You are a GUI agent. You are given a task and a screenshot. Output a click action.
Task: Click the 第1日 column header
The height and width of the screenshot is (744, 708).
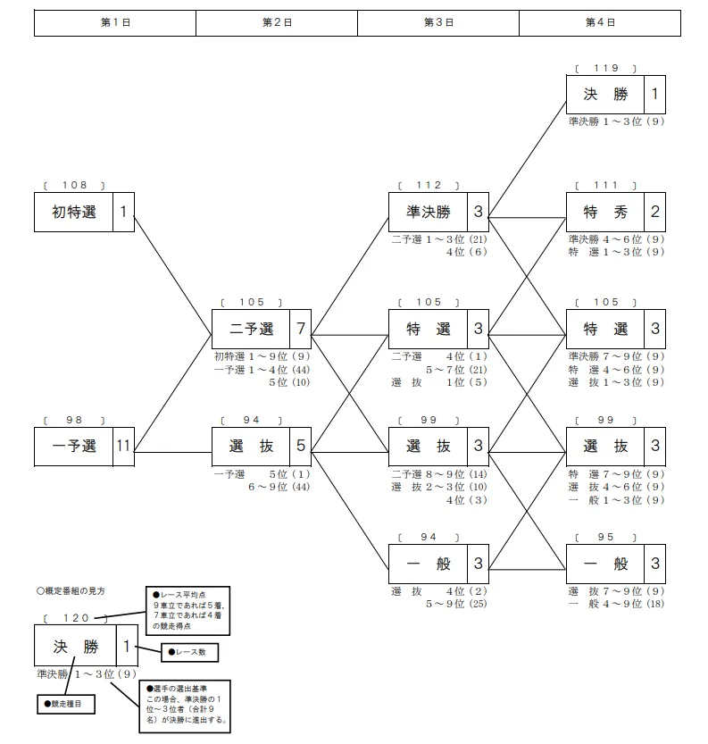tap(115, 23)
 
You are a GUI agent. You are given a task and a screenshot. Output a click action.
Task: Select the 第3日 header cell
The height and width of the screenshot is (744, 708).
tap(437, 23)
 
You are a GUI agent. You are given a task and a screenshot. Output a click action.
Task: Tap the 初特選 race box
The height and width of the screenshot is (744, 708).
tap(74, 213)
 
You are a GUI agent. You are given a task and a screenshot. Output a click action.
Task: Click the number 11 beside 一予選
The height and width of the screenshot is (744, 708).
tap(123, 447)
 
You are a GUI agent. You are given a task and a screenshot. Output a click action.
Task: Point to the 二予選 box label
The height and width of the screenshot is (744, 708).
tap(252, 329)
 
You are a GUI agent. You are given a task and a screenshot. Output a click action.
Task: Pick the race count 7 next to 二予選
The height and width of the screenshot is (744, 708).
tap(301, 329)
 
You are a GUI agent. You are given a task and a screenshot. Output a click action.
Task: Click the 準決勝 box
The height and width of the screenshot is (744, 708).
tap(429, 213)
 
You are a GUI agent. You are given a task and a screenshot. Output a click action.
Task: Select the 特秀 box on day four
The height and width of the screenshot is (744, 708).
tap(605, 213)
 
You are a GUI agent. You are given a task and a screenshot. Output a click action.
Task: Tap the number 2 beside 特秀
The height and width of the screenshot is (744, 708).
tap(655, 213)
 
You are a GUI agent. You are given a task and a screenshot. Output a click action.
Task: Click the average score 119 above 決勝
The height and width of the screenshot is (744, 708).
tap(606, 68)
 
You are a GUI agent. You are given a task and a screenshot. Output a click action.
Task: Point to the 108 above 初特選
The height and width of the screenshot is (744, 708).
tap(74, 185)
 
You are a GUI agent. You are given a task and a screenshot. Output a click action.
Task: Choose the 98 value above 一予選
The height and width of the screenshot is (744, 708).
tap(74, 419)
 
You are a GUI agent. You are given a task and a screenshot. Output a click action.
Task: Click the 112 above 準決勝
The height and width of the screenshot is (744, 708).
tap(429, 185)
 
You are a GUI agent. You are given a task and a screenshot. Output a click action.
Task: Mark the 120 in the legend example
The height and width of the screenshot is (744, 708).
tap(74, 617)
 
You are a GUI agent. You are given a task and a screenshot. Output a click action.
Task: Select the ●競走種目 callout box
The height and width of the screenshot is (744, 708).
tap(65, 703)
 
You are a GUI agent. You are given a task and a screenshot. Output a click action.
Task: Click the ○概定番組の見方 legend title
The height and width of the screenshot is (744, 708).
tap(71, 590)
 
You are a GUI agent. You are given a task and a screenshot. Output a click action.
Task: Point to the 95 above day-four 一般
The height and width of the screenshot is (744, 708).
tap(606, 537)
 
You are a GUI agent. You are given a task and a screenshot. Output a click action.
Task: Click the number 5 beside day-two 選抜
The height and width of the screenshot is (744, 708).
tap(301, 447)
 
